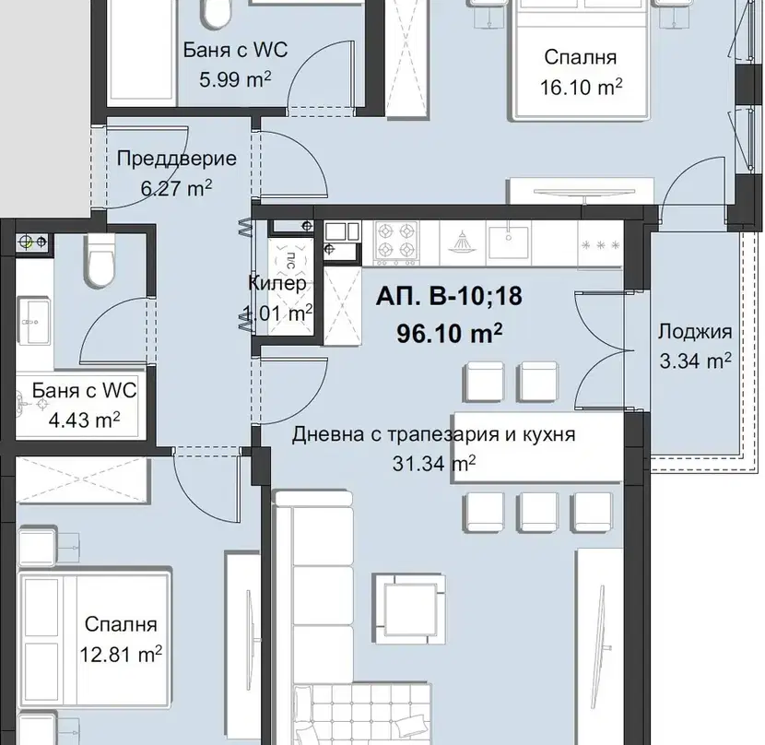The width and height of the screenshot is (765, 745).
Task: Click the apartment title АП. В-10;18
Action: point(449,296)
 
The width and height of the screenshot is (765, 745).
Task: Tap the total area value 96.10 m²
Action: point(450,334)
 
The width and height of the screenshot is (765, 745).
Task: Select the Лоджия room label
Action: point(695,332)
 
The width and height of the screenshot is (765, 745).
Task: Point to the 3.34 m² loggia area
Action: point(695,361)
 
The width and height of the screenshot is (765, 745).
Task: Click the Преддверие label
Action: point(177,159)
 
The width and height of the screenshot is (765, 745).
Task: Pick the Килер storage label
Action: point(277,283)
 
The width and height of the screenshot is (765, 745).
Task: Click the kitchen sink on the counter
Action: point(509,242)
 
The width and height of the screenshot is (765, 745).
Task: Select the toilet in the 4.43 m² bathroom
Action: point(100,261)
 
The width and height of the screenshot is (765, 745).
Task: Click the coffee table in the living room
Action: point(409,601)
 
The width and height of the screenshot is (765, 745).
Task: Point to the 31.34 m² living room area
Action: point(434,463)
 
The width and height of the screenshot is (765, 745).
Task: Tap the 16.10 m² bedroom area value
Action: point(581,88)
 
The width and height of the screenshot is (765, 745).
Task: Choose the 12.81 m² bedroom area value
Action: point(121,655)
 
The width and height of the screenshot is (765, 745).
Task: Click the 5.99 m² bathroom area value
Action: point(235,79)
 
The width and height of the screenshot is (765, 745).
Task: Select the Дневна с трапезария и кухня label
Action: point(434,434)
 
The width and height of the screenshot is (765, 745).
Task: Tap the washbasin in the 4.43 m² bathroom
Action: point(34,320)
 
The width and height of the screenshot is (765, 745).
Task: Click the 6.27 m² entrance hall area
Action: point(176,188)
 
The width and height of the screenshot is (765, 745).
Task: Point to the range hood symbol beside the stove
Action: point(461,242)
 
